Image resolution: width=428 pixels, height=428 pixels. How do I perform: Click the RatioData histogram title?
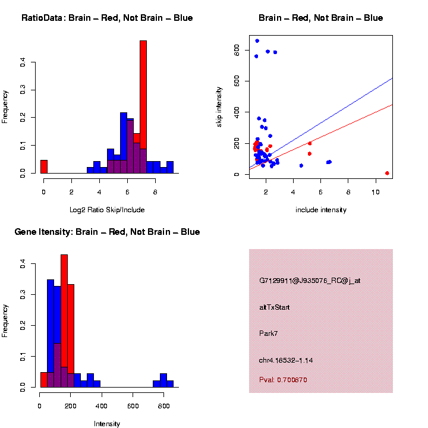pos(107,18)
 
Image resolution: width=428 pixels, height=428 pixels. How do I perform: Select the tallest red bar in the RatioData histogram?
pos(143,107)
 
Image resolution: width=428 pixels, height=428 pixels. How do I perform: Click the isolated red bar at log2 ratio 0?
pos(43,166)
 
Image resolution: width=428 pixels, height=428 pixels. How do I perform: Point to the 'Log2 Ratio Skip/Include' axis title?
pos(107,210)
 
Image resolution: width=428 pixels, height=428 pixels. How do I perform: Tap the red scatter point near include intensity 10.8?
pos(387,173)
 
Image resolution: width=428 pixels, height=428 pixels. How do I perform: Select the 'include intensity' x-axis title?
pos(321,210)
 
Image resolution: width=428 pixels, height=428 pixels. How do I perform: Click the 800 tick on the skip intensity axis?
pos(237,51)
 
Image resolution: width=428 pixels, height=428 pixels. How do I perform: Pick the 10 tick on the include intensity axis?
pos(376,191)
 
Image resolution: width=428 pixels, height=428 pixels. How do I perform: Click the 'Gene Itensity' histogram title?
pos(107,232)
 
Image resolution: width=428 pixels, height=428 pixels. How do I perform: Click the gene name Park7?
pos(269,333)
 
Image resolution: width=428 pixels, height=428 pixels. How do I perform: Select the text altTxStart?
pos(275,307)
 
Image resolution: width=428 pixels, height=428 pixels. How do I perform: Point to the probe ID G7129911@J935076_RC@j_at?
pos(310,281)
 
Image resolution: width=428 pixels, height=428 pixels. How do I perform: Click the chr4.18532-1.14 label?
pos(286,360)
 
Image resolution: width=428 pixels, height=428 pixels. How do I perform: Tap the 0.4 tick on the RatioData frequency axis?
pos(23,61)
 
